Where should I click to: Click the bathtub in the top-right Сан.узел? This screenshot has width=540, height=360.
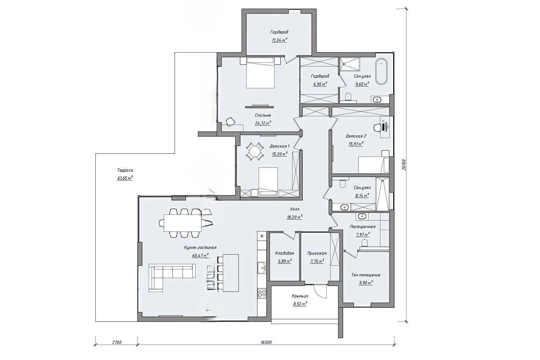coord(381,71)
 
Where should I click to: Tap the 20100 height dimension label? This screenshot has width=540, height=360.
coord(404,165)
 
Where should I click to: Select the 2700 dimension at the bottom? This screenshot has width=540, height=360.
coord(117,342)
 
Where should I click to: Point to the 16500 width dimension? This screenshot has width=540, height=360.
coord(266,342)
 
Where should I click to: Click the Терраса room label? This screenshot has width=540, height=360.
coord(125,170)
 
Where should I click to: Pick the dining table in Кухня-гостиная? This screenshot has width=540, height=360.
coord(183,223)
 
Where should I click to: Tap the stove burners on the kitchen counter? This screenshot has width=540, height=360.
coord(262,293)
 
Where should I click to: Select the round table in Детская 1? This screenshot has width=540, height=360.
coord(255,152)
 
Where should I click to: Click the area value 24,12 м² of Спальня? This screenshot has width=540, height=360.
coord(263,123)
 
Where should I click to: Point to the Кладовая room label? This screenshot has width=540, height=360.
coord(284,253)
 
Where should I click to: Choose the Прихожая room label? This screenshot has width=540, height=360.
coord(317,253)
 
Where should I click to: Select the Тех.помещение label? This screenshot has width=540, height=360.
coord(366,275)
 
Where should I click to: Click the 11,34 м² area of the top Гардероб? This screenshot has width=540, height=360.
coord(279,40)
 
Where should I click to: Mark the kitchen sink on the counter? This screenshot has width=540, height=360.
coord(262,267)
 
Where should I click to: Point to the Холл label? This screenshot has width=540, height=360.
coord(294,209)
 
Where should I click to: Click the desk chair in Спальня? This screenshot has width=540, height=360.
coord(231,121)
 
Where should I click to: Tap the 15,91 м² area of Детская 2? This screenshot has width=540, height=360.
coord(356,144)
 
